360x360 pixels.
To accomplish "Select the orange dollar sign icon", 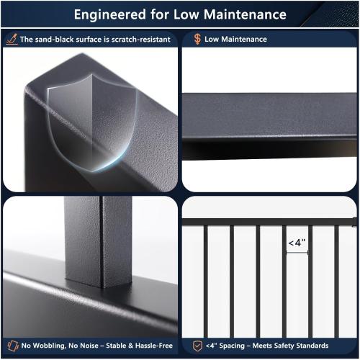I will [197, 40].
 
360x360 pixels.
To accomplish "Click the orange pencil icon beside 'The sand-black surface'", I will [12, 40].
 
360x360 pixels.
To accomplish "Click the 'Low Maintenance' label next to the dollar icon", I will [235, 40].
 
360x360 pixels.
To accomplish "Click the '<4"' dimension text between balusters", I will [297, 243].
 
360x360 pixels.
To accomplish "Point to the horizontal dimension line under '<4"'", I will [297, 252].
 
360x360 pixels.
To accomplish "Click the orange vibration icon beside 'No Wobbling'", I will [12, 346].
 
